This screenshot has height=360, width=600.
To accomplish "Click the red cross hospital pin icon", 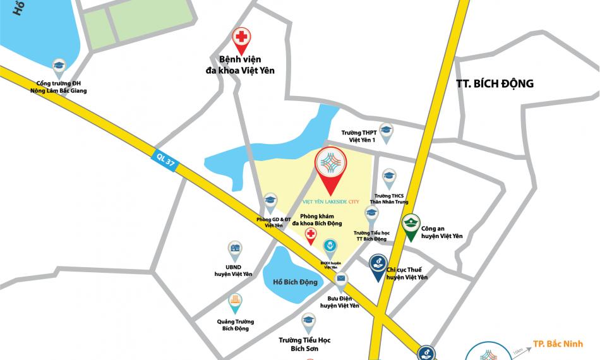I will coord(241,37).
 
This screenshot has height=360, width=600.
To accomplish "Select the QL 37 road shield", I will coord(166,160).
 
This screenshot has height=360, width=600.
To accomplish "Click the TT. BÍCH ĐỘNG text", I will coord(495,83).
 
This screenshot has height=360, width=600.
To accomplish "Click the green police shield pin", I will coord(411,226).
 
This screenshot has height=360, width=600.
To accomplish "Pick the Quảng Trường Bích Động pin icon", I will coord(235,302).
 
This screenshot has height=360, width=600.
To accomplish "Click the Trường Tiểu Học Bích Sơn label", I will coord(304,344).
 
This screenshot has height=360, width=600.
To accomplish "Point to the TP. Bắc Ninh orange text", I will coord(558,344).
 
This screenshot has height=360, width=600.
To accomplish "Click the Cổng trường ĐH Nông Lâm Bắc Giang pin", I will coord(59,66).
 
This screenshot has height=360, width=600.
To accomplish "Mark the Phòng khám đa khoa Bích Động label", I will coord(316,220).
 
